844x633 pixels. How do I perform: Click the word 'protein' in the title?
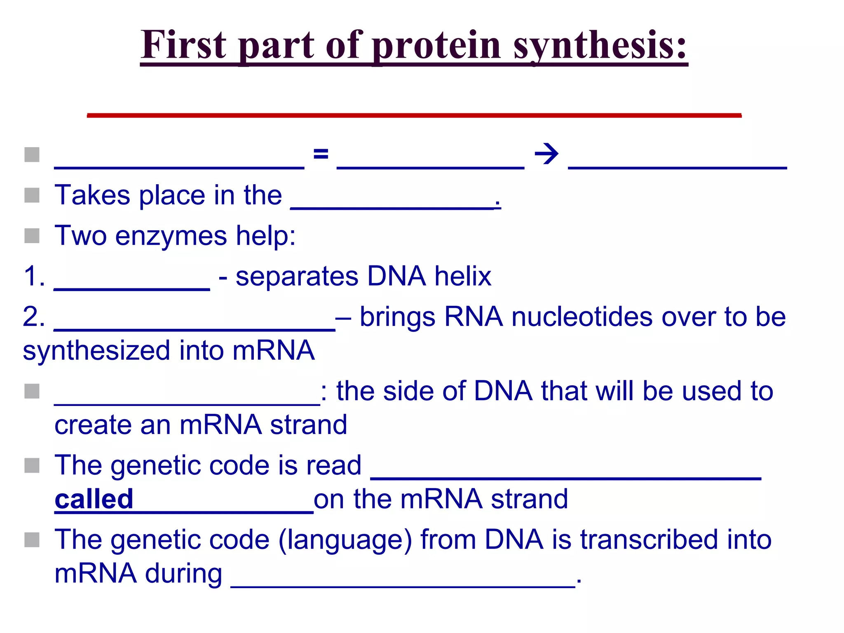437,45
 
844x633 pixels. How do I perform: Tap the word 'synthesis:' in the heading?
600,45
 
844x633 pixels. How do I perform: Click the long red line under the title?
414,115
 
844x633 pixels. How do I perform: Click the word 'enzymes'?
171,236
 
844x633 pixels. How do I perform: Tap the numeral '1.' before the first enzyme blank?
34,276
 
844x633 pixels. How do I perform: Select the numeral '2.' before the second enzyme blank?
34,317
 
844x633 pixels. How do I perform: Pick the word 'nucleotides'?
581,317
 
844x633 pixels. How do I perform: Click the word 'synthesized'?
96,351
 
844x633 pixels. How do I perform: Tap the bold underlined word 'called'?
94,499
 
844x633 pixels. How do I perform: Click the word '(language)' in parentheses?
345,540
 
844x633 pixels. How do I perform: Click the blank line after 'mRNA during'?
403,585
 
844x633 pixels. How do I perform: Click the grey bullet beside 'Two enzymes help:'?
32,236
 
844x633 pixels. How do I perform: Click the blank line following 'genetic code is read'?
565,477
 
